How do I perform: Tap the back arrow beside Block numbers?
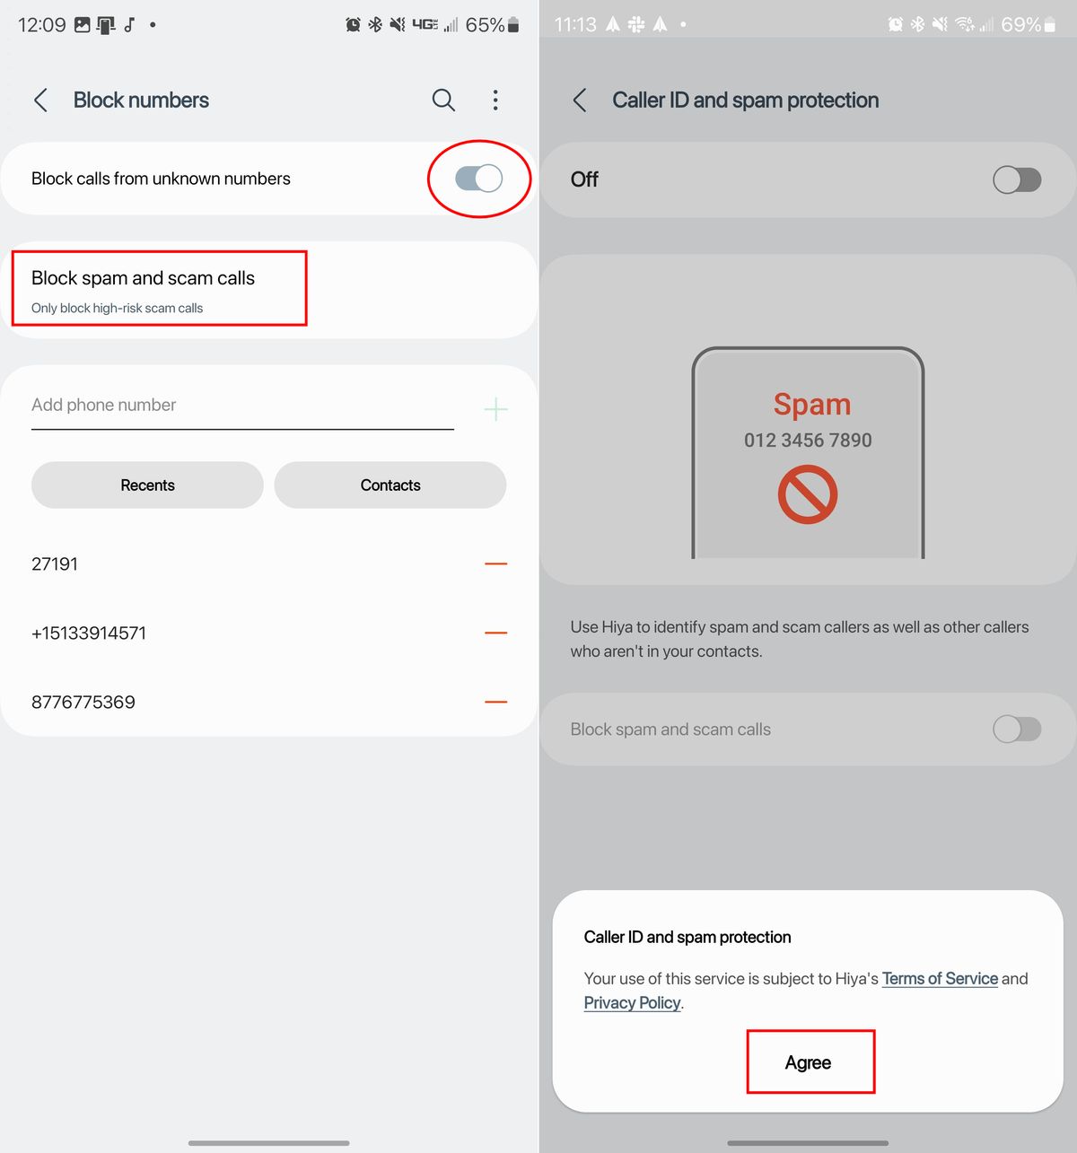[x=40, y=100]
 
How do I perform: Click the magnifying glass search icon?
[x=443, y=100]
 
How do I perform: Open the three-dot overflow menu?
[x=495, y=100]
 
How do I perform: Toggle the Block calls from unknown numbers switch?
[x=478, y=179]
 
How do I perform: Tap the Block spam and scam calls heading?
[x=143, y=278]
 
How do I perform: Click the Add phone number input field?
[x=242, y=406]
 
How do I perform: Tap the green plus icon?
[x=495, y=409]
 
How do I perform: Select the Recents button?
[x=147, y=485]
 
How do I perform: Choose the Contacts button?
[x=390, y=485]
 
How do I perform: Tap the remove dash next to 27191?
[x=495, y=563]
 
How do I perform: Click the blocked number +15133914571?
[x=89, y=633]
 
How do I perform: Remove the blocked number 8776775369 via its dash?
[x=495, y=702]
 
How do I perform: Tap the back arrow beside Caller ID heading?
[x=579, y=100]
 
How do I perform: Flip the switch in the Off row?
[x=1017, y=179]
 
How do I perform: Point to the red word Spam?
[x=811, y=405]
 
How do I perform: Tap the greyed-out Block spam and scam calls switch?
[x=1017, y=729]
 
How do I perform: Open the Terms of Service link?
[x=940, y=979]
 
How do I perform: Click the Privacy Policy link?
[x=632, y=1003]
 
